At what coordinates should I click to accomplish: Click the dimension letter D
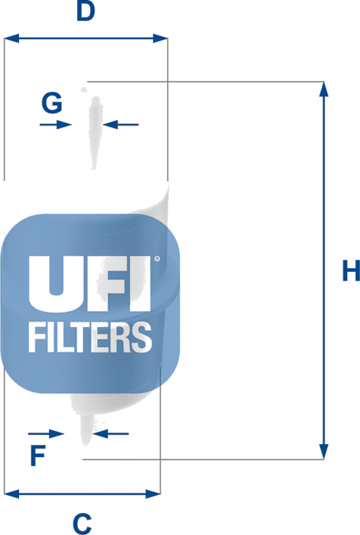(86, 11)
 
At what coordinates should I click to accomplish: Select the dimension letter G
(52, 102)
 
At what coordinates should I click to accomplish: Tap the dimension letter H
(351, 271)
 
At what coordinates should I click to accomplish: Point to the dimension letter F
(38, 456)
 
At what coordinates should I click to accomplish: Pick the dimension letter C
(83, 524)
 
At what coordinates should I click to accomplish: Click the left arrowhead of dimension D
(11, 38)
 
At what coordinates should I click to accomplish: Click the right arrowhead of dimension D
(161, 38)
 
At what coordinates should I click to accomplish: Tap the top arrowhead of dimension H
(324, 89)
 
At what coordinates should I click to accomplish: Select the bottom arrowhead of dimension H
(324, 452)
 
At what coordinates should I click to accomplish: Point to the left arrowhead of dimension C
(11, 494)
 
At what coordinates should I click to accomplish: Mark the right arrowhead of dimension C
(153, 494)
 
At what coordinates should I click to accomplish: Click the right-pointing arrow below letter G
(56, 125)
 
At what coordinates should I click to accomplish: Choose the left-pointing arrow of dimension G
(121, 125)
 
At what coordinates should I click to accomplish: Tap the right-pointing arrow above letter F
(46, 433)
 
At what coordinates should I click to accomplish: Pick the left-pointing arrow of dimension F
(111, 433)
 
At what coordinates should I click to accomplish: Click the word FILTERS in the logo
(90, 337)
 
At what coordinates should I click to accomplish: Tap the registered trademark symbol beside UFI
(157, 259)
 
